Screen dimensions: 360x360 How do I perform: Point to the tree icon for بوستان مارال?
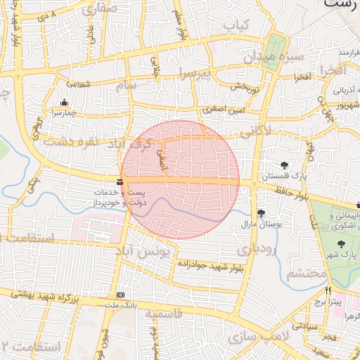point(261,213)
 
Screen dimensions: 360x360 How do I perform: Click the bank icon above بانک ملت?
point(120,295)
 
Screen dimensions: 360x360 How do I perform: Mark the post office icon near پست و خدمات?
point(120,181)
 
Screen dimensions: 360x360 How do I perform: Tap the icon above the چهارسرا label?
point(65,102)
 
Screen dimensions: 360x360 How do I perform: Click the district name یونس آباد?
point(146,250)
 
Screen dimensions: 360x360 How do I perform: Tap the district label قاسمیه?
point(167,314)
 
